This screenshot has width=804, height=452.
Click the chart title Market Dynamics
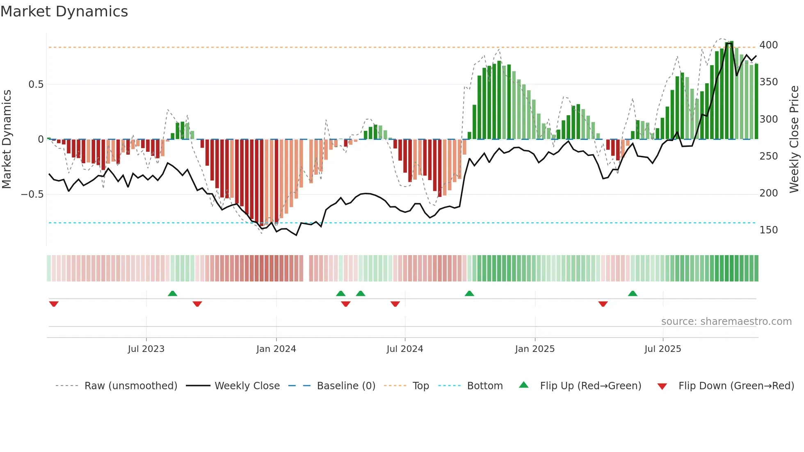[x=64, y=11]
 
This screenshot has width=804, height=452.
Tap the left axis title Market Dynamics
[x=7, y=139]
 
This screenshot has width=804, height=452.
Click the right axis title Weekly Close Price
[x=794, y=139]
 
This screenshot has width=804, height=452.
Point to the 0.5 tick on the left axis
[x=36, y=84]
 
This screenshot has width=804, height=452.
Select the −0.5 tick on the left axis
[x=32, y=194]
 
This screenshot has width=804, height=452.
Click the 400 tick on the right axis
[x=768, y=45]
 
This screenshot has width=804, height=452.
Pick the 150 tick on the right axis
[x=768, y=230]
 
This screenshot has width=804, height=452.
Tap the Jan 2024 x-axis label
[x=276, y=349]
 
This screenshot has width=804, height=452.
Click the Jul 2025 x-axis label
[x=662, y=349]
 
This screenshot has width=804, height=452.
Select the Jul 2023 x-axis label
[x=146, y=349]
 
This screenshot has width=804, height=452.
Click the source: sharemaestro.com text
[x=726, y=322]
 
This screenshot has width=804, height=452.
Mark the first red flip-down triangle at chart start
[x=54, y=304]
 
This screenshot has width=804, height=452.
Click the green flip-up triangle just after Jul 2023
[x=172, y=293]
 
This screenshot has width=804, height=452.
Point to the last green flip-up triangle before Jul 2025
[x=633, y=293]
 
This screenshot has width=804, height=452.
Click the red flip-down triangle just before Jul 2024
[x=395, y=304]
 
